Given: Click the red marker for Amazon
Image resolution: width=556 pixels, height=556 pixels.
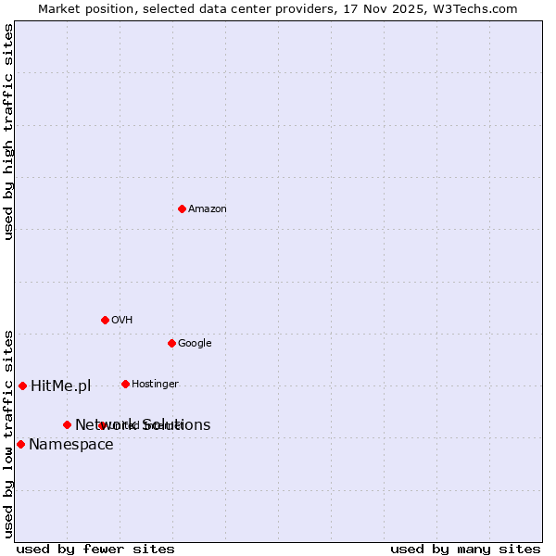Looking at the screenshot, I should pyautogui.click(x=182, y=208).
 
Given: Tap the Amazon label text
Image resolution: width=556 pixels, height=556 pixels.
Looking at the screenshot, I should pyautogui.click(x=208, y=209).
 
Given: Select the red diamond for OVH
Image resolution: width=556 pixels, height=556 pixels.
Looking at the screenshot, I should pyautogui.click(x=105, y=320).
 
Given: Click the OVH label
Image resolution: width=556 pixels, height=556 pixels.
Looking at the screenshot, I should pyautogui.click(x=122, y=321).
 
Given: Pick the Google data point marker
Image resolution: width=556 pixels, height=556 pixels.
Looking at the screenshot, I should pyautogui.click(x=171, y=343).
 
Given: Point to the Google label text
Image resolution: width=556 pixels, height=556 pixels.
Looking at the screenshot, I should pyautogui.click(x=195, y=344).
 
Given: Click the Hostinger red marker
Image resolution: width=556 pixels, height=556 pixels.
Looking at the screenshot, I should pyautogui.click(x=125, y=384).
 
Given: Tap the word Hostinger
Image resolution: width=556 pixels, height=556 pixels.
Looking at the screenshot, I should pyautogui.click(x=155, y=385).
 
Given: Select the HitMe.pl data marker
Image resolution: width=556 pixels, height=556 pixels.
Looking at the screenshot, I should pyautogui.click(x=22, y=385).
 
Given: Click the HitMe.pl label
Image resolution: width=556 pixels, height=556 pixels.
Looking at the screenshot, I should pyautogui.click(x=61, y=386).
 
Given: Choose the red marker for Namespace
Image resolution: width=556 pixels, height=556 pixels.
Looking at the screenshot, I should pyautogui.click(x=20, y=444).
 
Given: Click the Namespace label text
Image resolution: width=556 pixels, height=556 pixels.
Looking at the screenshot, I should pyautogui.click(x=71, y=445).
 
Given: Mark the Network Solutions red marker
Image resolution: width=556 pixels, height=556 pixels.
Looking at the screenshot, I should pyautogui.click(x=67, y=424).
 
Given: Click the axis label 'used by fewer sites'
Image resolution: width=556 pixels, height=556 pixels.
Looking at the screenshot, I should pyautogui.click(x=95, y=549).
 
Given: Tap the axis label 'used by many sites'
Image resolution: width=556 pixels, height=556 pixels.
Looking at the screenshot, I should pyautogui.click(x=465, y=549).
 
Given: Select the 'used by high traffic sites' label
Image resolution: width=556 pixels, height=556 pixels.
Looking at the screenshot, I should pyautogui.click(x=8, y=132).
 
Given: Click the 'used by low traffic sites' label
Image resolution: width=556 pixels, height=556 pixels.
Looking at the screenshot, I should pyautogui.click(x=8, y=434).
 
